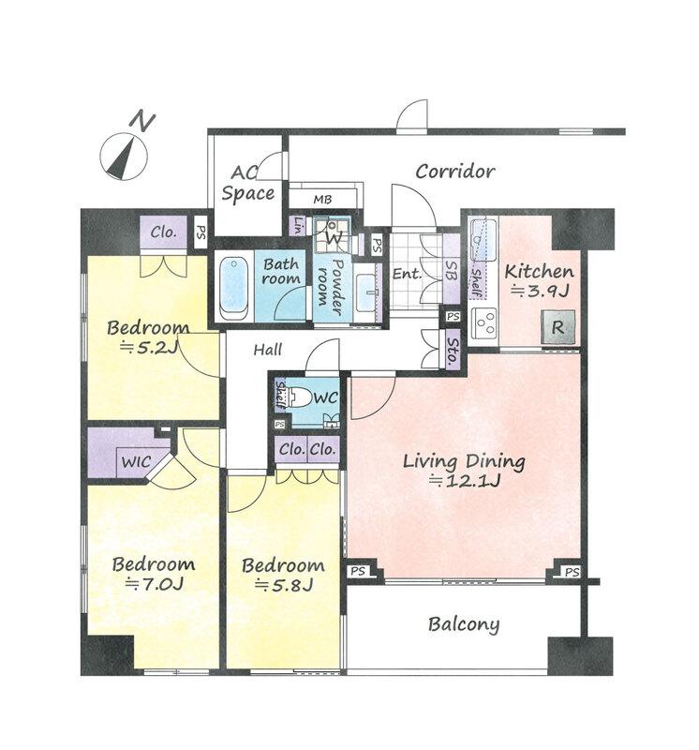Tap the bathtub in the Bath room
coord(234,288)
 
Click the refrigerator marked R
coord(558,327)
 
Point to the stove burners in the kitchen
coord(484,322)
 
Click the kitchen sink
coord(483,242)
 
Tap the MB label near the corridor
coord(322,199)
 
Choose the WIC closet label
coord(136,461)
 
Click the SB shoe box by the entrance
coord(452,270)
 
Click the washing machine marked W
coord(334,234)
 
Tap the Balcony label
coord(463,624)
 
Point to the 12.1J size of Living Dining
coord(464,480)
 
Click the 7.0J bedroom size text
coord(154,584)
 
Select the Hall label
coord(267,350)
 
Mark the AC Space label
coord(247,184)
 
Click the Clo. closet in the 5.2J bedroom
coord(163,232)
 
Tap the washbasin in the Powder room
coord(366,292)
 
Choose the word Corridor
coord(454,172)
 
